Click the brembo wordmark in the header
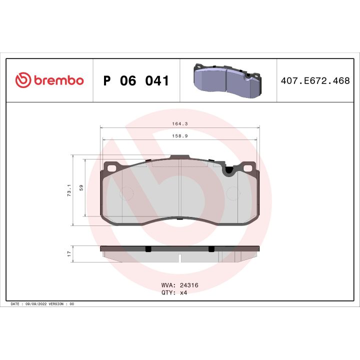coord(59,80)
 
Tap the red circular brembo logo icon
coord(23,80)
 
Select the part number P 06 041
coord(135,81)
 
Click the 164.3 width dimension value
coord(178,122)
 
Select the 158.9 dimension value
coord(178,135)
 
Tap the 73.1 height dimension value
coord(69,190)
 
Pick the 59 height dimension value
coord(81,188)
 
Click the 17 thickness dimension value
coord(69,253)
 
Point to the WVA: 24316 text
coord(180,285)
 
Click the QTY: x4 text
coord(174,293)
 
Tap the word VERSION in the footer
coord(58,304)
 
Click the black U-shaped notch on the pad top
coord(229,170)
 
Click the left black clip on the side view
coord(148,248)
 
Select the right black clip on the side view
coord(210,248)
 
